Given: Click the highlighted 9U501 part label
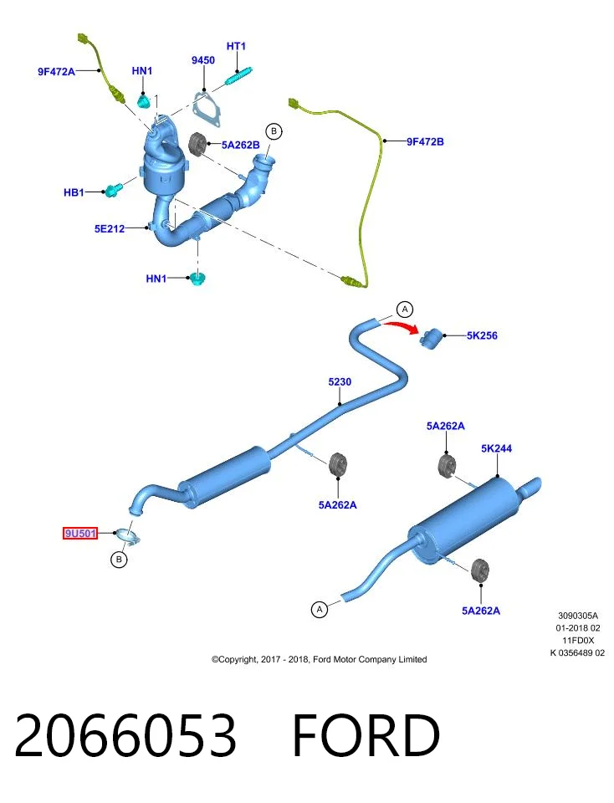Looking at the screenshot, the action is click(80, 533).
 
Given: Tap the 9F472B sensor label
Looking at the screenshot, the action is click(425, 141).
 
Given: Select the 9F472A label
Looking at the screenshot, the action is click(56, 72).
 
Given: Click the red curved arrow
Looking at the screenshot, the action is click(401, 326).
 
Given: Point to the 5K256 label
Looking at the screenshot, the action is click(482, 335).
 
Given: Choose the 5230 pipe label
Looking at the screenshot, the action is click(340, 381).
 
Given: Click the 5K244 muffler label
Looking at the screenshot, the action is click(496, 448).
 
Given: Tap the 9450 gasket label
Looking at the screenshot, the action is click(202, 60).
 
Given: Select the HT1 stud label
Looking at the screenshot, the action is click(236, 46).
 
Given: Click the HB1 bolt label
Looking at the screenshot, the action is click(74, 192).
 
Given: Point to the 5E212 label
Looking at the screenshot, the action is click(110, 228).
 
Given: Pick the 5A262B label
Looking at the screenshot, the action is click(241, 145).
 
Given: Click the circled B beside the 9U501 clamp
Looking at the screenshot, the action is click(119, 560).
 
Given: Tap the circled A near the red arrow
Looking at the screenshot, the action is click(405, 309).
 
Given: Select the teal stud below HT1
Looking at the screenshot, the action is click(239, 76).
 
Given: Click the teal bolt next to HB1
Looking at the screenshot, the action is click(113, 191).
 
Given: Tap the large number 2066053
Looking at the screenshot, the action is click(126, 735).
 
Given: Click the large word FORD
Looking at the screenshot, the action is click(366, 735).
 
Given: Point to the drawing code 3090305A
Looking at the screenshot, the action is click(578, 616).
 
